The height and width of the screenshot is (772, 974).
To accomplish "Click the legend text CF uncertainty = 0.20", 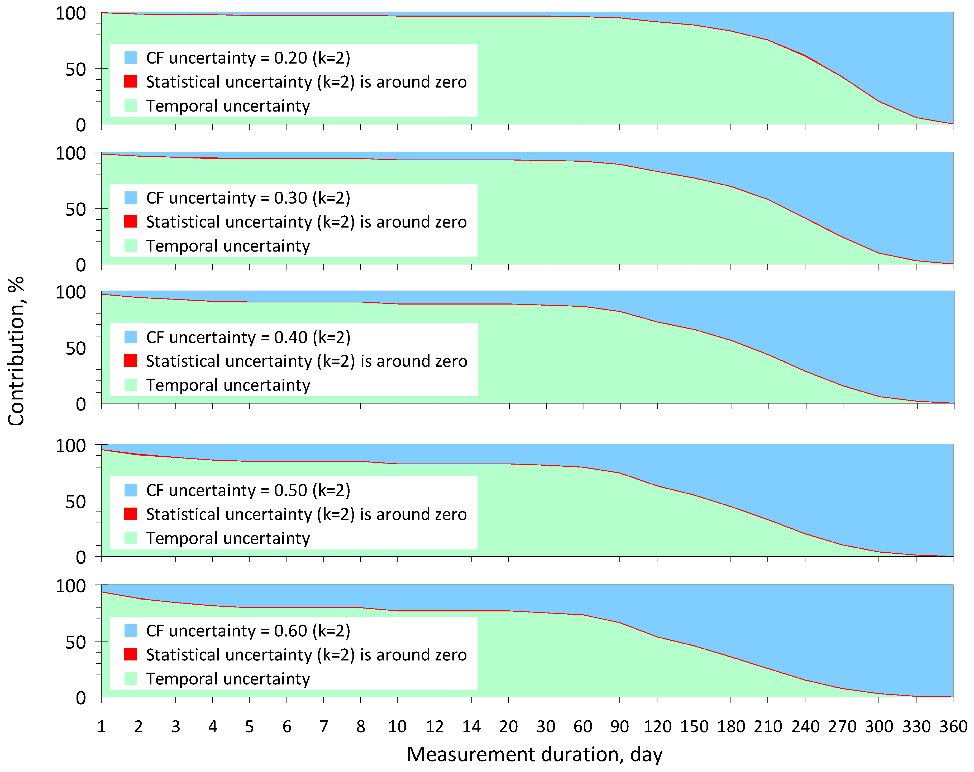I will click(x=248, y=58).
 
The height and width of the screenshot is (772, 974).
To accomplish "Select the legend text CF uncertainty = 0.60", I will click(x=248, y=631).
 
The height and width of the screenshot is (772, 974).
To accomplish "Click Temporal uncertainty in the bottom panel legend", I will click(x=228, y=679).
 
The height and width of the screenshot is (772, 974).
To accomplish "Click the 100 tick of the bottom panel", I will click(x=70, y=586).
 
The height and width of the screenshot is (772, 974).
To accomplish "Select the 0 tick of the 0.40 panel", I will click(x=81, y=404).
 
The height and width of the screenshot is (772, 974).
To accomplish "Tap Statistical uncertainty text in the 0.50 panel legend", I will click(x=306, y=514).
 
